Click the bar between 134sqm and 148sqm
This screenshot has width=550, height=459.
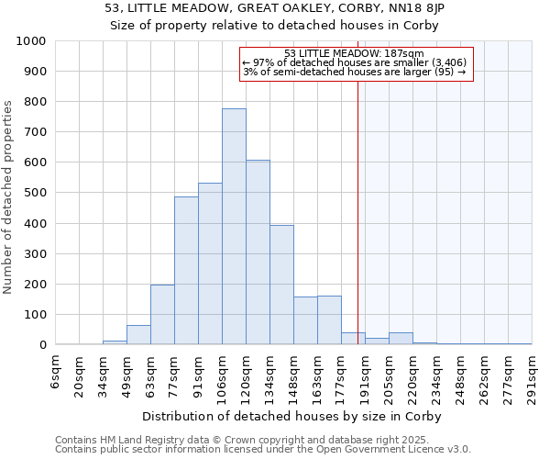[x=281, y=285]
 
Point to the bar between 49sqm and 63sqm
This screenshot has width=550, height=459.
[x=138, y=335]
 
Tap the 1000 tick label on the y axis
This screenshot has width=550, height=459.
[x=31, y=41]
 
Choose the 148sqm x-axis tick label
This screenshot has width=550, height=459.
[x=293, y=375]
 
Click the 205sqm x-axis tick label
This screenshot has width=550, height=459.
[x=389, y=375]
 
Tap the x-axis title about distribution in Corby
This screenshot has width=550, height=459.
[x=293, y=416]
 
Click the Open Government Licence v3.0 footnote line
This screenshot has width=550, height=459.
[x=263, y=450]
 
